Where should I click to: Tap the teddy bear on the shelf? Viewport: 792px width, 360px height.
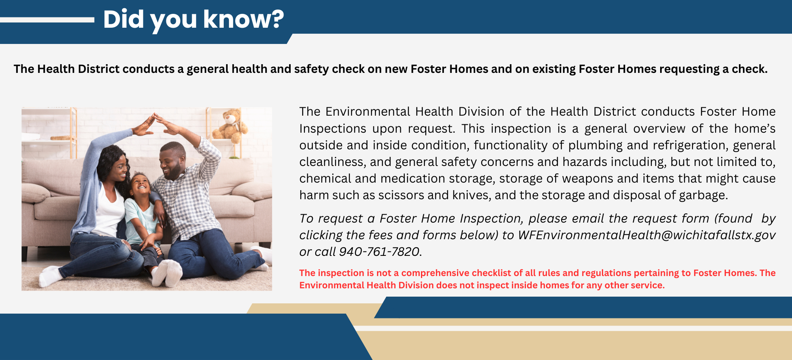click(x=231, y=125)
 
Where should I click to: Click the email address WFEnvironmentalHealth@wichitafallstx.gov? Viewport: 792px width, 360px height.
click(x=647, y=235)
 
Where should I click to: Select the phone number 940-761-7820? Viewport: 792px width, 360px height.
click(x=379, y=252)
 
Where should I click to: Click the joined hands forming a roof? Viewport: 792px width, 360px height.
click(x=154, y=120)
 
